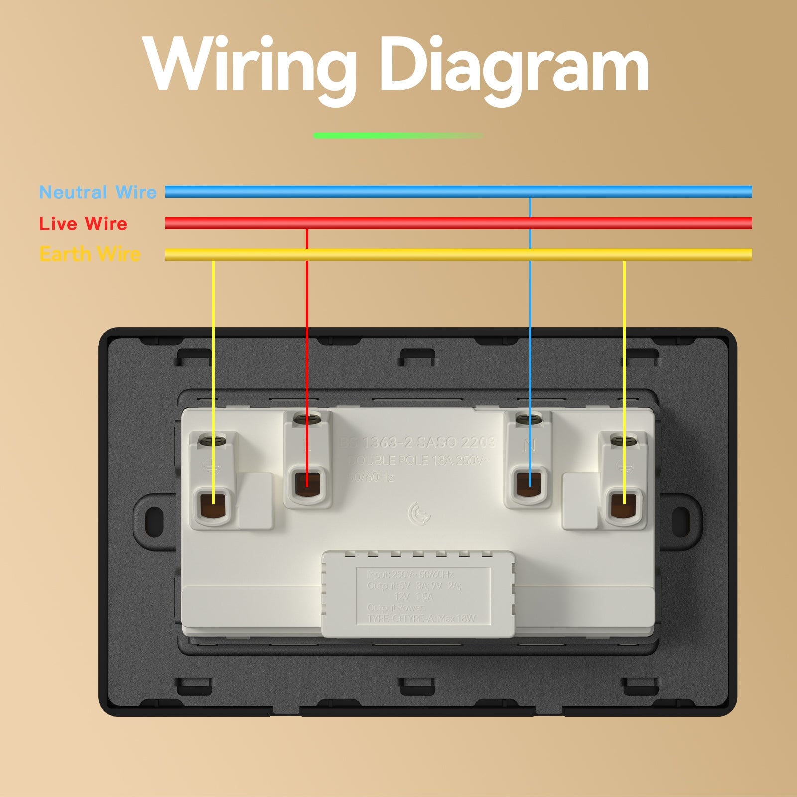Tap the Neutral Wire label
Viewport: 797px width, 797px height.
click(x=98, y=192)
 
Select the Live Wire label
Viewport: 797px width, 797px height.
click(x=83, y=224)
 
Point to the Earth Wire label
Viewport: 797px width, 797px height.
click(x=90, y=254)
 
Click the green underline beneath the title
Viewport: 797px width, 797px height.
click(x=398, y=135)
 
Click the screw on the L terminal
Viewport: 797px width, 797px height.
click(x=306, y=420)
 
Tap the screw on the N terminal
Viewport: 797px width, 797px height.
click(x=529, y=420)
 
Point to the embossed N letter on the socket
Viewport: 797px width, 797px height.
click(x=530, y=445)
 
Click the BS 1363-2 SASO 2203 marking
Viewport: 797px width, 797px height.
click(x=417, y=442)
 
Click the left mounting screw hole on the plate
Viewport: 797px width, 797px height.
click(x=154, y=519)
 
